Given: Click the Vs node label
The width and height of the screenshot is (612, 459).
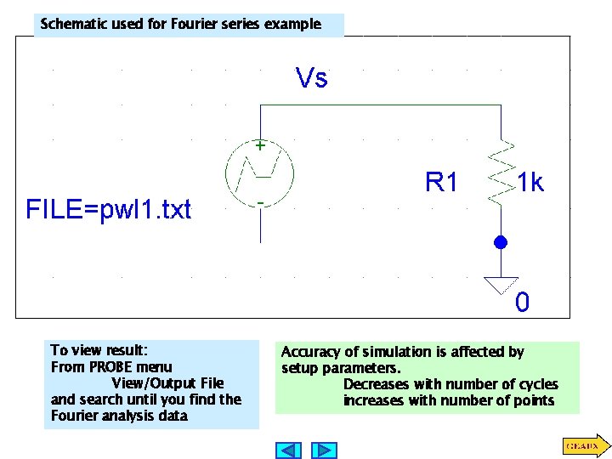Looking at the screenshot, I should tap(311, 78).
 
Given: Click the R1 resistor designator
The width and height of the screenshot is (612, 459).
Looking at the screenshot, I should tap(442, 182).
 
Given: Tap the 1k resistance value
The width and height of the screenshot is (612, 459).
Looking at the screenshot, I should tap(530, 183).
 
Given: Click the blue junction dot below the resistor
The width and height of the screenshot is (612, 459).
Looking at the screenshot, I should tap(501, 243).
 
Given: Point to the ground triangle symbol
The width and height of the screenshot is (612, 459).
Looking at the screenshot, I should tap(501, 285).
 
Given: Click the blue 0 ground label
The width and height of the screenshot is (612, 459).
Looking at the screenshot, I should tap(522, 302).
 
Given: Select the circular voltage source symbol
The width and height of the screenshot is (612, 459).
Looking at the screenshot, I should tap(259, 174).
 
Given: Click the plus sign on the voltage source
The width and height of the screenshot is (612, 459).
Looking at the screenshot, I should tap(259, 145).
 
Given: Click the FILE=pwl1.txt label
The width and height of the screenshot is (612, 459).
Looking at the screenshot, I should tap(109, 209).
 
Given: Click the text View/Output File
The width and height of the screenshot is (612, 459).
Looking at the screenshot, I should tap(167, 383).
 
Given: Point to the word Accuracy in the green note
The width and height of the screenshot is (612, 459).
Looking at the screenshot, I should tap(310, 352).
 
